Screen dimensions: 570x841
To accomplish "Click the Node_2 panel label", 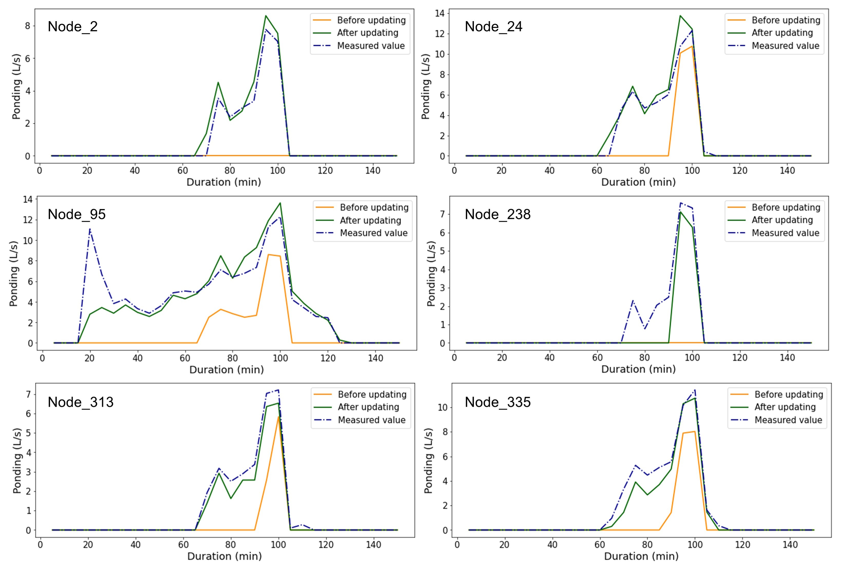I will (x=72, y=27).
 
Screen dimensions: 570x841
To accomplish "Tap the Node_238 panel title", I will (x=497, y=214).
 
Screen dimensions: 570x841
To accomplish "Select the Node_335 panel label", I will (x=497, y=402).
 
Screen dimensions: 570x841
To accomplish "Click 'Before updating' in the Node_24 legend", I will (x=786, y=20).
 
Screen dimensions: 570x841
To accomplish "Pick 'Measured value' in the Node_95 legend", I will (x=373, y=233).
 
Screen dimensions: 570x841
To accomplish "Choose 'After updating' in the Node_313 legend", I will (x=368, y=407).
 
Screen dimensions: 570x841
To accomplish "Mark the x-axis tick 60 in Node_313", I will (x=183, y=545).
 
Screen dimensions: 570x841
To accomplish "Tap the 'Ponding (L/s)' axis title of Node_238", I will (x=431, y=274).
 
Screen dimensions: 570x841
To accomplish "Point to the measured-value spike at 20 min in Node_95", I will (x=90, y=229).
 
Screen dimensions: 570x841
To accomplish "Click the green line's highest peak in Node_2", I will (x=266, y=15).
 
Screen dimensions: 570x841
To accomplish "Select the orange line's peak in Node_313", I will (x=278, y=417).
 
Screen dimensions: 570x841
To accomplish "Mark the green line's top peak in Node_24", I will (x=680, y=15).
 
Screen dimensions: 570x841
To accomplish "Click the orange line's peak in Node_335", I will (x=694, y=431).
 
